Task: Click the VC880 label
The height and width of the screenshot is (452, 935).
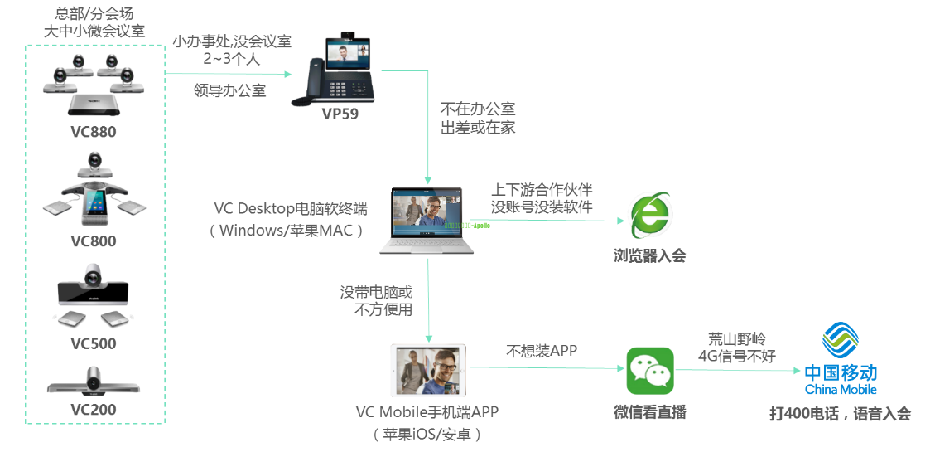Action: (93, 133)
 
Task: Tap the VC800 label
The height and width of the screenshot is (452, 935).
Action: (93, 241)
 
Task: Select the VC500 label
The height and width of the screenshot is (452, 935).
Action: (93, 343)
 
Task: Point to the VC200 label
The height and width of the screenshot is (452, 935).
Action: (93, 410)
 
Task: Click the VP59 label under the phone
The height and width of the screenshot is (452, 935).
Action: (340, 114)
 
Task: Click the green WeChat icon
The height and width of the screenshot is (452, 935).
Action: (649, 371)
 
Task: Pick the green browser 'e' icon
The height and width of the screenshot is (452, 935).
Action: (649, 216)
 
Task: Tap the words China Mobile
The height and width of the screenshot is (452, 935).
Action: (841, 390)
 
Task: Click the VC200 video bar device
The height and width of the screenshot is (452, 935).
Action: (93, 383)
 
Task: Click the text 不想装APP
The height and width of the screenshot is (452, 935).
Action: (542, 351)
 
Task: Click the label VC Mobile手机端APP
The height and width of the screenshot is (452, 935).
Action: (427, 412)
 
